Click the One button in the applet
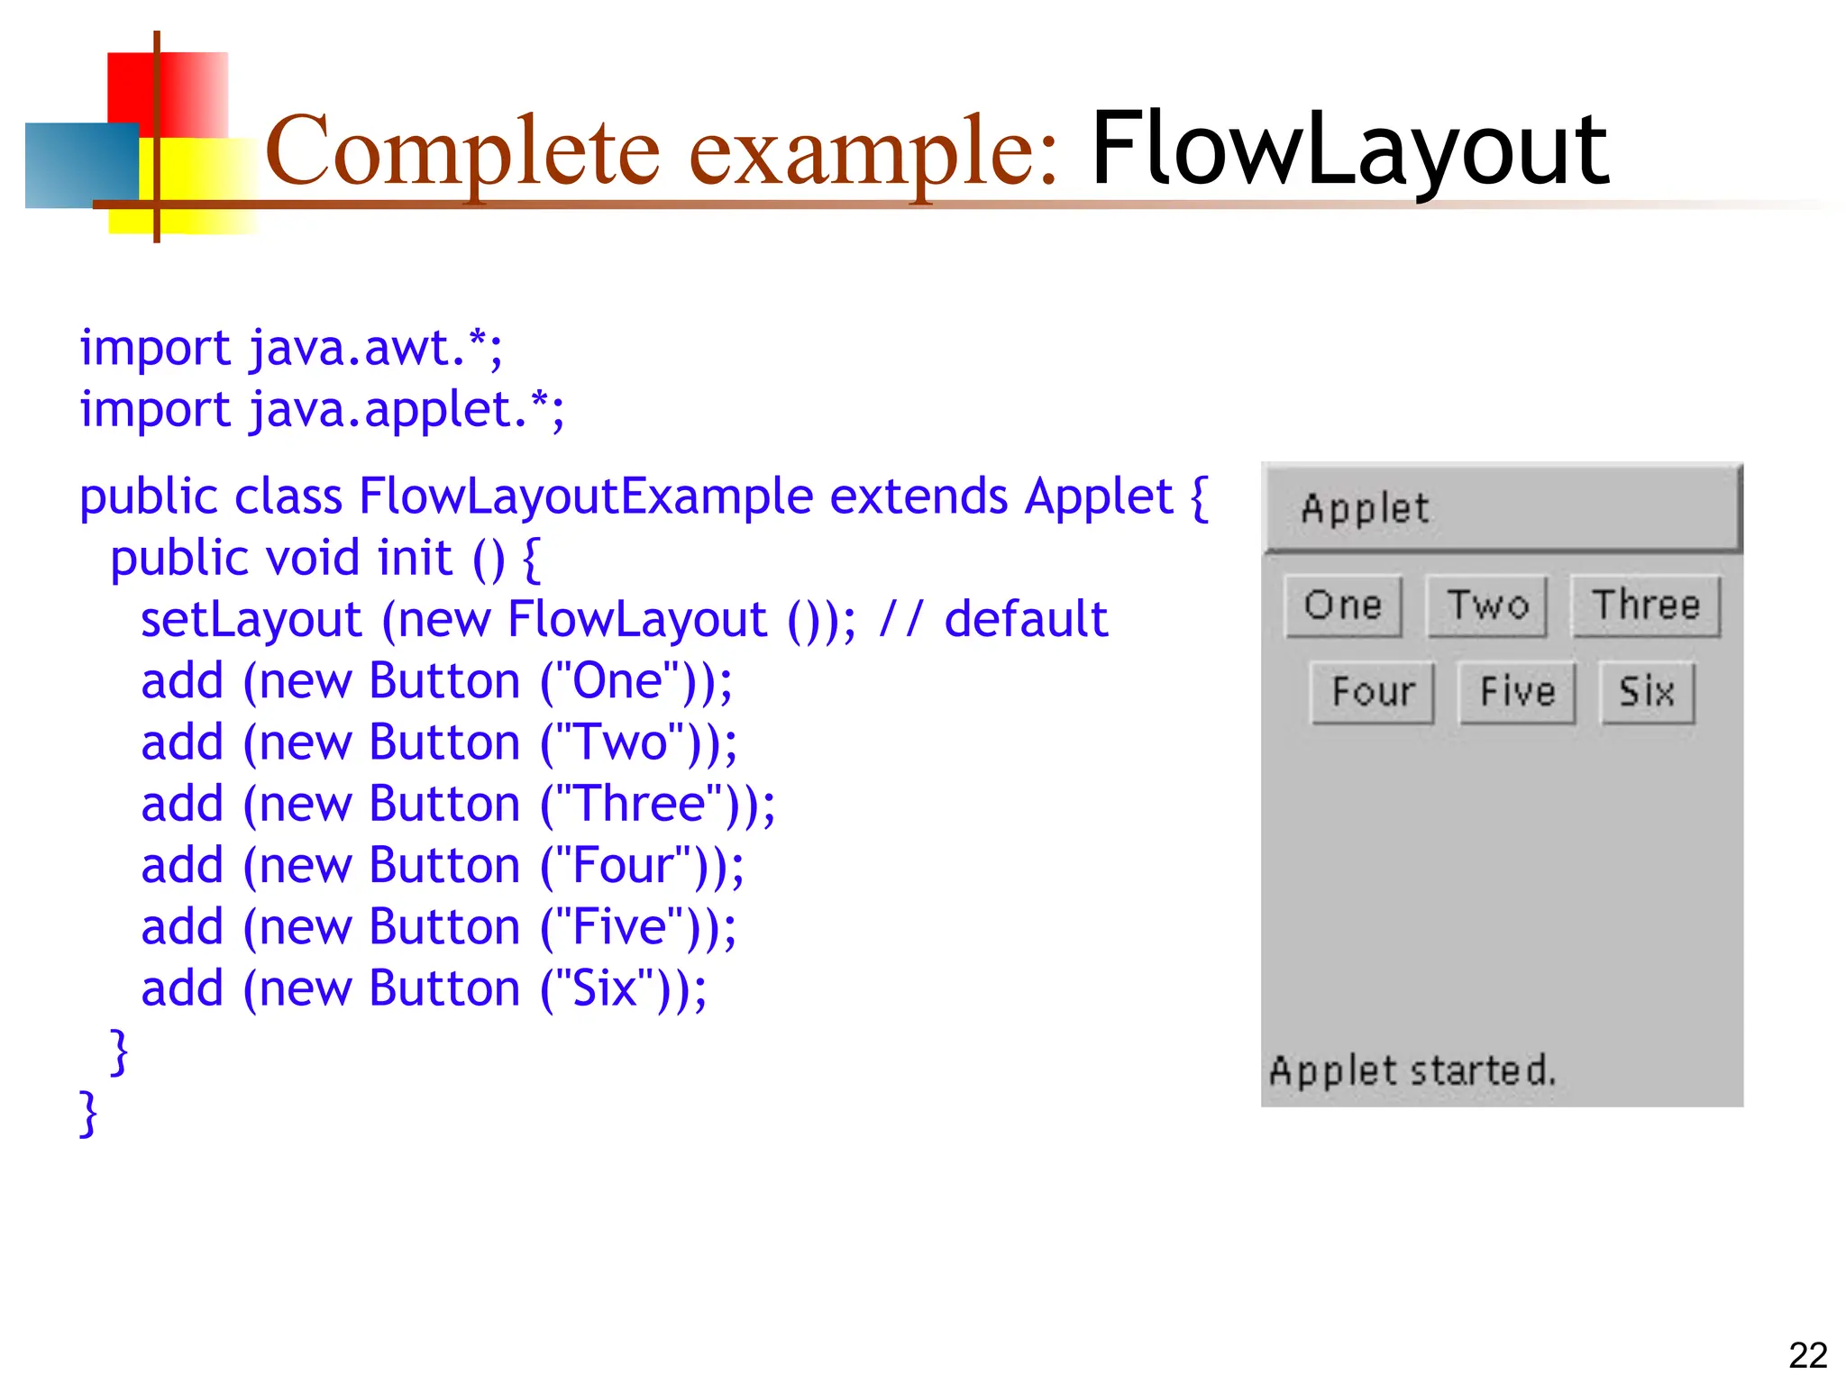point(1343,605)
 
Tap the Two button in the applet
point(1487,605)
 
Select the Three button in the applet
point(1646,605)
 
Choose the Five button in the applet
point(1517,692)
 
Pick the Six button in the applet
point(1647,692)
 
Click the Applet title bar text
point(1365,509)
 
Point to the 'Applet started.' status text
point(1412,1070)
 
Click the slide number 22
point(1807,1355)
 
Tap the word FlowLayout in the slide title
point(1349,149)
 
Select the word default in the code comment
point(1026,619)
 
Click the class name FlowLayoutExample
point(586,496)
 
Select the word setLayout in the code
point(251,619)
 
